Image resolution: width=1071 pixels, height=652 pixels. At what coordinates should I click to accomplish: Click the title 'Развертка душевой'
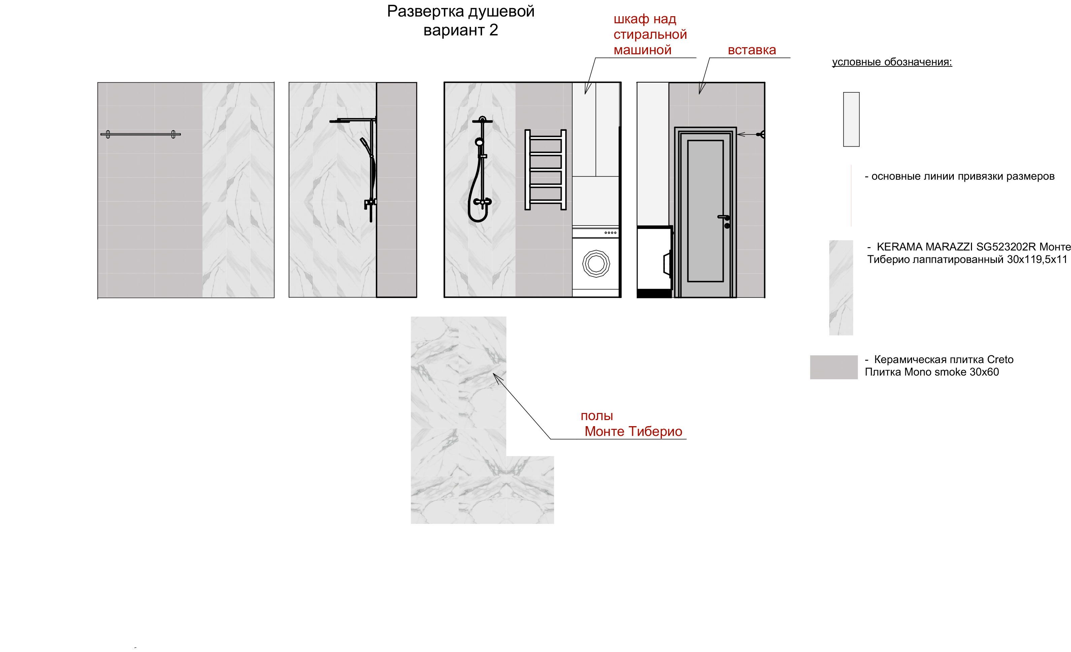[461, 12]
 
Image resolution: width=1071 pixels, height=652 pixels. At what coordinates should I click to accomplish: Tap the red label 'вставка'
[751, 50]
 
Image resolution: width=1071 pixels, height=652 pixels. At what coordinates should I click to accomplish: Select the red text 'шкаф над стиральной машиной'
[650, 34]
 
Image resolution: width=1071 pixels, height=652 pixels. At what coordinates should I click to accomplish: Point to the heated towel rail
[546, 170]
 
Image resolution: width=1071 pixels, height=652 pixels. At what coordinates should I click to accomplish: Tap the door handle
[724, 217]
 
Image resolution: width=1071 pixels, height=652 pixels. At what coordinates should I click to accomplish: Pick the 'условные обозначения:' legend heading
[892, 62]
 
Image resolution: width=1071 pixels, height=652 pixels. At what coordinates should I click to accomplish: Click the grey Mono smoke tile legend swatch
[834, 367]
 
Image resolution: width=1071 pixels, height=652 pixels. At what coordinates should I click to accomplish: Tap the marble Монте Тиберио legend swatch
[841, 288]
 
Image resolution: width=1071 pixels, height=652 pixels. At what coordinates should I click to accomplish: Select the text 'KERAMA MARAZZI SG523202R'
[956, 247]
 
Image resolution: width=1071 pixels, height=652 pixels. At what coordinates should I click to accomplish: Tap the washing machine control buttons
[610, 233]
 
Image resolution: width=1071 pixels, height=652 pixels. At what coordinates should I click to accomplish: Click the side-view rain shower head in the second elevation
[339, 121]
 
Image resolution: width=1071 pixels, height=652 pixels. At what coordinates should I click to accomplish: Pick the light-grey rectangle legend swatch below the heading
[851, 119]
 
